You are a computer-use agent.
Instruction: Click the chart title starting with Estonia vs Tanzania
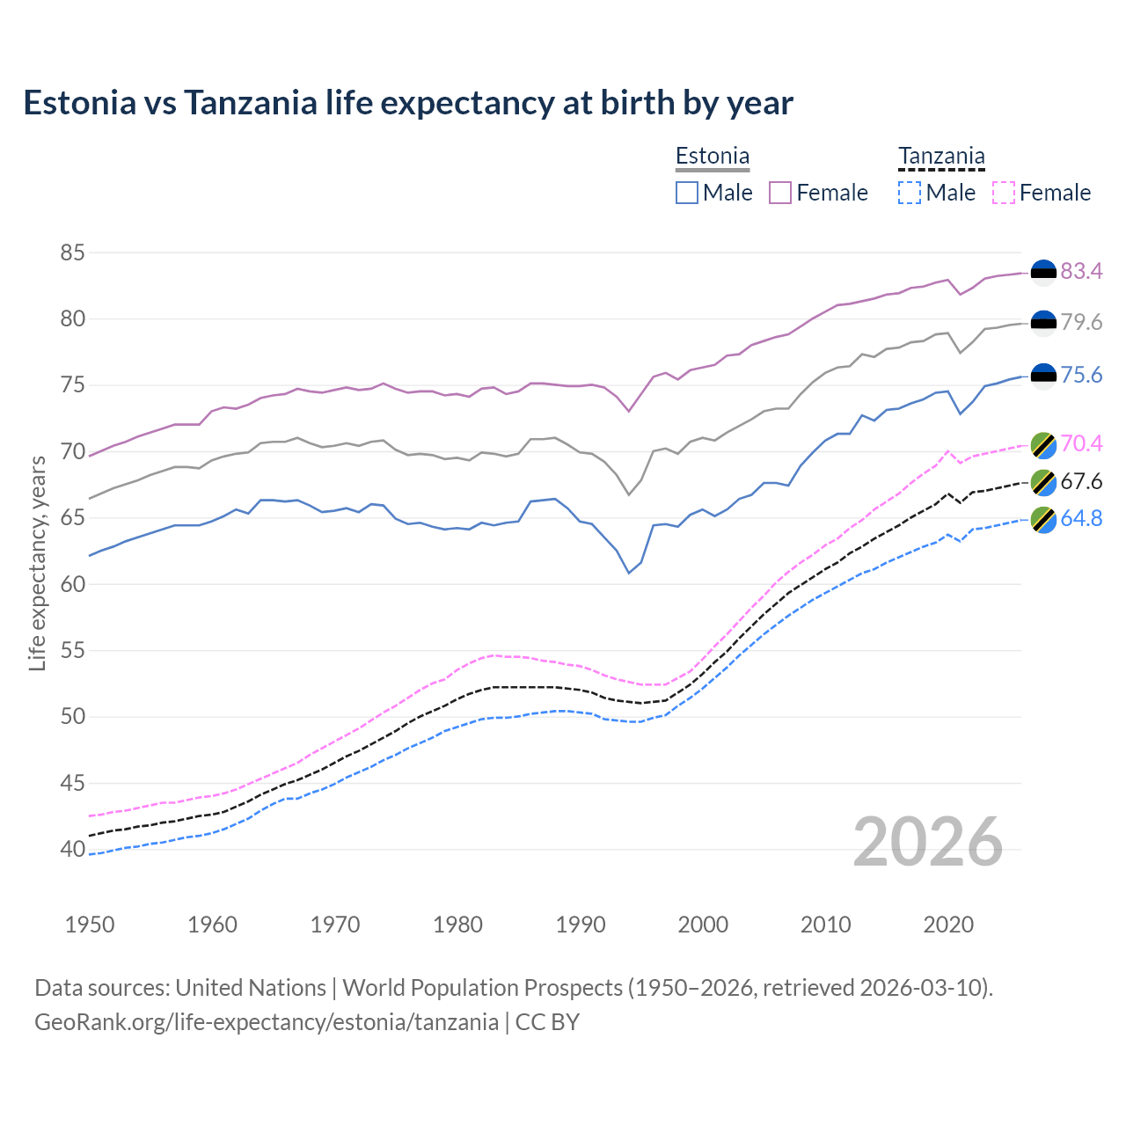[x=408, y=103]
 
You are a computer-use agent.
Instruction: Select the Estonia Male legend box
[x=687, y=193]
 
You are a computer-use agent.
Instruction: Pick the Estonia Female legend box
[x=780, y=193]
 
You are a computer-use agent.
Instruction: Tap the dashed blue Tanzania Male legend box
[x=910, y=193]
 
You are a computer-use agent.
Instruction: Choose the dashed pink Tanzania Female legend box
[x=1004, y=193]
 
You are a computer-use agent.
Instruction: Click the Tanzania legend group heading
[x=941, y=157]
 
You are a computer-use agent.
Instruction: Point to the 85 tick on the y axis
[x=73, y=253]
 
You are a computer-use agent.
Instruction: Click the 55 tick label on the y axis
[x=73, y=651]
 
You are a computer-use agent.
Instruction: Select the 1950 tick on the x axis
[x=90, y=925]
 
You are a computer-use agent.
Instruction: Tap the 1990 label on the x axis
[x=581, y=925]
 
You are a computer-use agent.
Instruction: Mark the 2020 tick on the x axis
[x=948, y=925]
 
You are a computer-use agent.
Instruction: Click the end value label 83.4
[x=1081, y=272]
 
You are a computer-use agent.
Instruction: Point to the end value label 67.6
[x=1081, y=482]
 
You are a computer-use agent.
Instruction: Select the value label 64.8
[x=1081, y=519]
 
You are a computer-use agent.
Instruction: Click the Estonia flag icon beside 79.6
[x=1043, y=323]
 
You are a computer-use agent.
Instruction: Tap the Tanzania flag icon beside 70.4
[x=1043, y=444]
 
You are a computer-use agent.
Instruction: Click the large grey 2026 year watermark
[x=927, y=842]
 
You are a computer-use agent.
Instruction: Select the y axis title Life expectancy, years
[x=37, y=563]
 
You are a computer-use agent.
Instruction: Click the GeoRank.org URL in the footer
[x=267, y=1022]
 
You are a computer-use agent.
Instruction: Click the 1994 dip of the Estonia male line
[x=629, y=573]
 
